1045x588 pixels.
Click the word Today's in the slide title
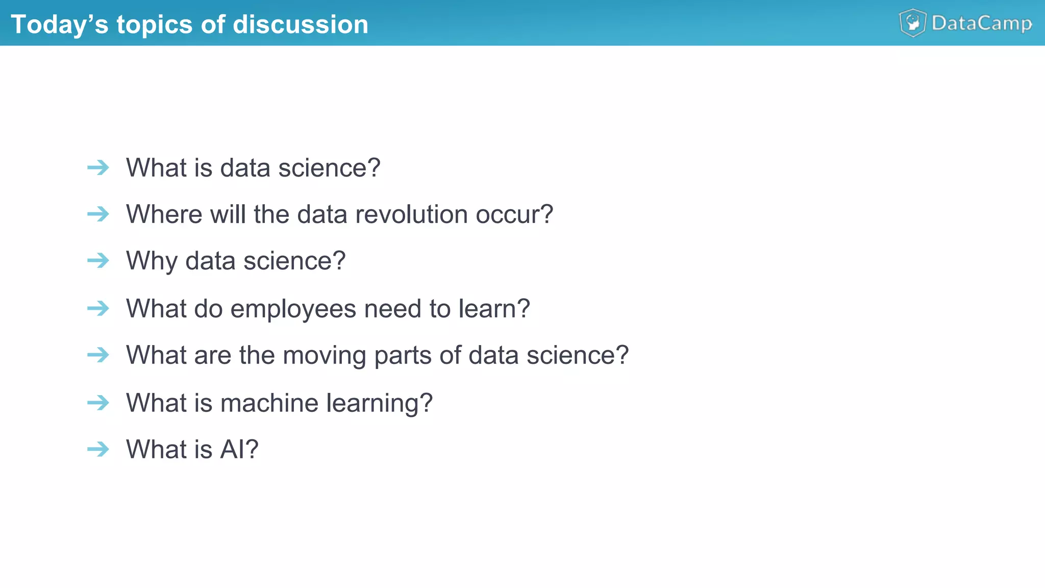(59, 24)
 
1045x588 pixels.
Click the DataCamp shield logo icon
(912, 23)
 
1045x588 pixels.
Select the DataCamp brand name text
(981, 23)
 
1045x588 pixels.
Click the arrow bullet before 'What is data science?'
(98, 167)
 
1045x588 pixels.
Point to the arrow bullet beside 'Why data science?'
(98, 260)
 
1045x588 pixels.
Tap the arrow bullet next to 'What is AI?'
(98, 449)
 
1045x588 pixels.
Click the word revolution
(411, 214)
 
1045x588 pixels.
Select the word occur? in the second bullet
(514, 214)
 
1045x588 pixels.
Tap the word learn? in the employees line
(494, 309)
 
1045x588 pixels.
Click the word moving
(324, 355)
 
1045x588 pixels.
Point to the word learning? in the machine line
(379, 403)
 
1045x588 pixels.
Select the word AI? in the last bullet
(239, 449)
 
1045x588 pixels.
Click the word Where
(164, 214)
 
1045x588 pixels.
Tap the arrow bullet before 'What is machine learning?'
(98, 403)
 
